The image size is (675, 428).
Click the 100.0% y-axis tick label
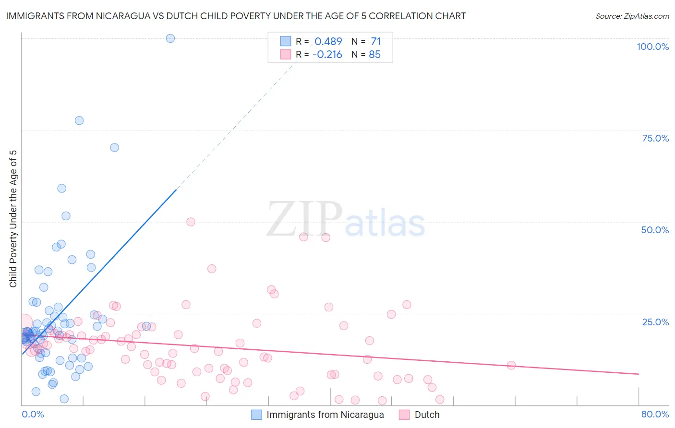click(652, 47)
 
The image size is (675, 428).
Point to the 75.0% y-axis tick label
click(655, 138)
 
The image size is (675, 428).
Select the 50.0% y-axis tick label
click(655, 230)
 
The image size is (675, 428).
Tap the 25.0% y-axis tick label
click(655, 322)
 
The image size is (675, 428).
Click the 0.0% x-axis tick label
click(33, 414)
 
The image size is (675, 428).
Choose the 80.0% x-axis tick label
click(655, 414)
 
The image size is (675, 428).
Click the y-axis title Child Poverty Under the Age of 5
click(13, 219)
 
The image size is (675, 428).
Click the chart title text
click(236, 16)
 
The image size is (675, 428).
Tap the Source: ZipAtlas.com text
click(632, 16)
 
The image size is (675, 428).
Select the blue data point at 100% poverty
click(170, 38)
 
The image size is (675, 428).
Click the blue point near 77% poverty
click(79, 120)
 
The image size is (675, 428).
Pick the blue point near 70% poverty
click(114, 147)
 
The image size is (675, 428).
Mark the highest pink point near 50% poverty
click(191, 222)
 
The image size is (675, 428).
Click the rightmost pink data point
click(511, 365)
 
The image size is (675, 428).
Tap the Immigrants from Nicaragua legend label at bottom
click(325, 415)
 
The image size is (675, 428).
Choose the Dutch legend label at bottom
click(427, 415)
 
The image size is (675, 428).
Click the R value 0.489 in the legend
click(328, 42)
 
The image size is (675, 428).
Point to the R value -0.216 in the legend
click(327, 55)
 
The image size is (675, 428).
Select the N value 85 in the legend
click(374, 55)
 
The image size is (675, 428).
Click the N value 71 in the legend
click(375, 42)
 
